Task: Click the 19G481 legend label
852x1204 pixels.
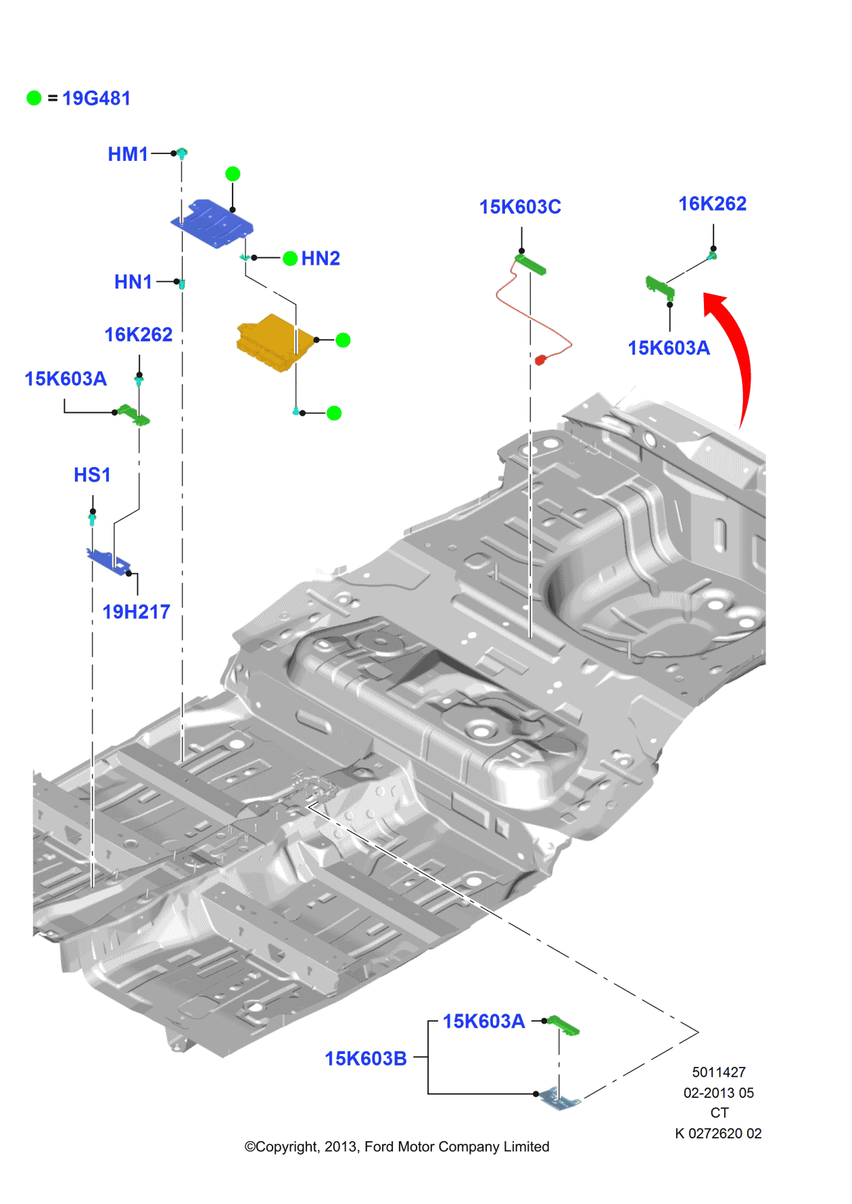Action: pyautogui.click(x=96, y=99)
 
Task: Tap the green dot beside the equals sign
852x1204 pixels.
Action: pyautogui.click(x=34, y=99)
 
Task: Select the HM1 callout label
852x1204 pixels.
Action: pyautogui.click(x=128, y=154)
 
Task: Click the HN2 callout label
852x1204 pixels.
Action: pyautogui.click(x=321, y=258)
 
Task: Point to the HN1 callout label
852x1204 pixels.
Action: pyautogui.click(x=133, y=282)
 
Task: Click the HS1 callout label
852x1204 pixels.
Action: pyautogui.click(x=92, y=475)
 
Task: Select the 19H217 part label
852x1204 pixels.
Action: pyautogui.click(x=136, y=612)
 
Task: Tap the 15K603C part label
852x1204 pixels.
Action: pyautogui.click(x=520, y=207)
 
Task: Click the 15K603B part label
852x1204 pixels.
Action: pyautogui.click(x=366, y=1059)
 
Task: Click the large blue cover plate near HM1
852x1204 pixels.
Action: pyautogui.click(x=213, y=223)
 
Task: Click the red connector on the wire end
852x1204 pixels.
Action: pyautogui.click(x=540, y=360)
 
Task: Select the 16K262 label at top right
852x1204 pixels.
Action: pyautogui.click(x=712, y=203)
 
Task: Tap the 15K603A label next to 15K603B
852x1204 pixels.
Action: pyautogui.click(x=483, y=1021)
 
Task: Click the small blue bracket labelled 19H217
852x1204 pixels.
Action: pyautogui.click(x=108, y=561)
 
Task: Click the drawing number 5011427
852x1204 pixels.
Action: pyautogui.click(x=719, y=1072)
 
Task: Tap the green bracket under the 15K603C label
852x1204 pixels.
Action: pyautogui.click(x=531, y=264)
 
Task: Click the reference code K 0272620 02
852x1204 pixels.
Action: pyautogui.click(x=718, y=1133)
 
